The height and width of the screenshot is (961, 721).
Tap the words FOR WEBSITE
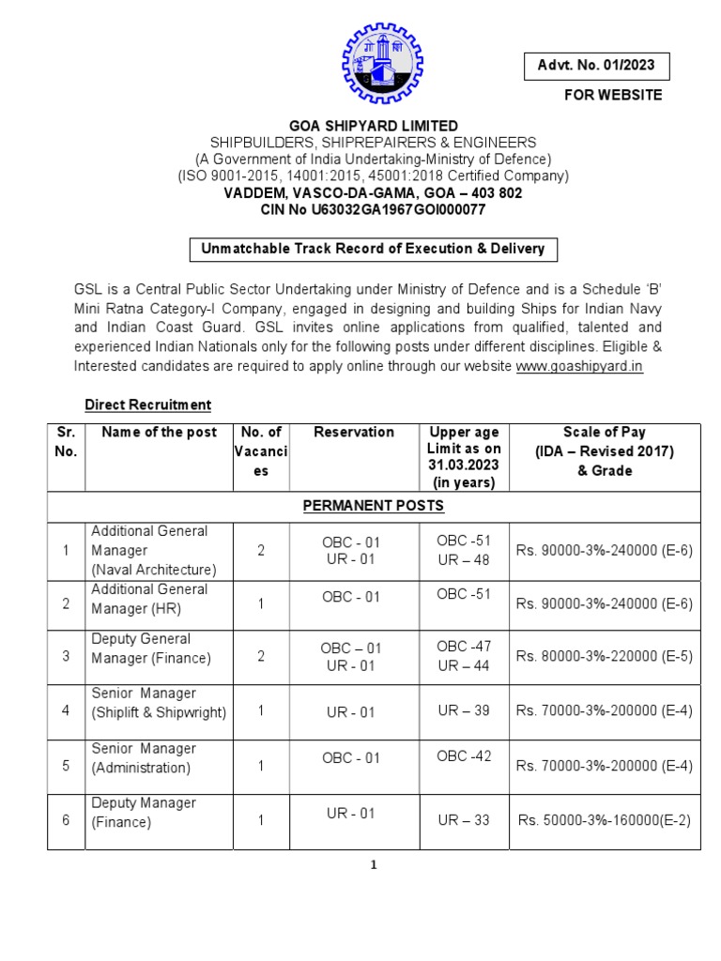tap(612, 95)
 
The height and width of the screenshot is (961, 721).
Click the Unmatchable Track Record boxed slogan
tap(373, 249)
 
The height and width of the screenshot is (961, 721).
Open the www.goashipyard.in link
tap(579, 366)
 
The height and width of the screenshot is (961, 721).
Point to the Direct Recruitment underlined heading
tap(147, 404)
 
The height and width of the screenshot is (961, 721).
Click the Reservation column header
tap(354, 432)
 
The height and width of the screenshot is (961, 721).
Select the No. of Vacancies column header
tap(261, 451)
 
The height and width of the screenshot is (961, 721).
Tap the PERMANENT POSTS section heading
tap(373, 506)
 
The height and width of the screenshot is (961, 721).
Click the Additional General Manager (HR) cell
tap(150, 599)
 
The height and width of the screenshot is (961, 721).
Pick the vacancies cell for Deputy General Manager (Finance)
tap(261, 657)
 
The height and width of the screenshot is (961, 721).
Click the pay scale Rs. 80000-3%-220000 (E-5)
tap(604, 657)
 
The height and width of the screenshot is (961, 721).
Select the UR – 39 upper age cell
tap(464, 710)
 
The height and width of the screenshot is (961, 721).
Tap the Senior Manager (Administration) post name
tap(144, 758)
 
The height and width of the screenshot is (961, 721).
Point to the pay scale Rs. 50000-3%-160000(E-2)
tap(604, 820)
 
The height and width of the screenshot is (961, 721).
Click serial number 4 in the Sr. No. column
tap(66, 710)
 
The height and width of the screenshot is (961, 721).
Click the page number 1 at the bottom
tap(373, 865)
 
